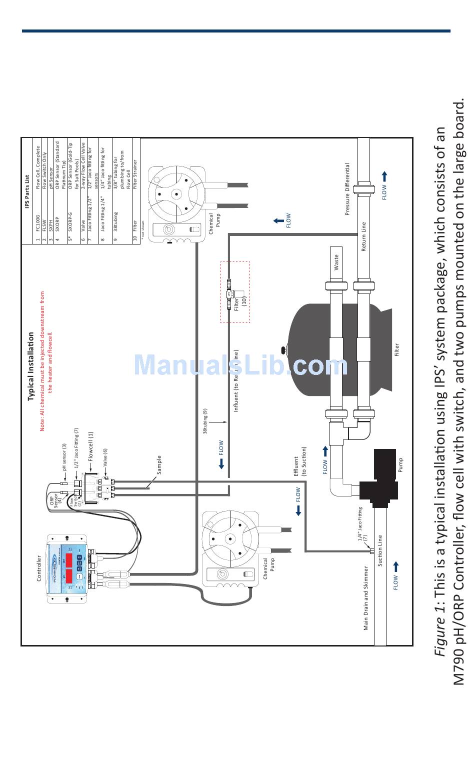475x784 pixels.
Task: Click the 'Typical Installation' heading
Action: [x=31, y=366]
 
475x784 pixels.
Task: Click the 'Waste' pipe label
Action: [x=336, y=262]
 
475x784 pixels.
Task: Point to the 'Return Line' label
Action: [x=363, y=237]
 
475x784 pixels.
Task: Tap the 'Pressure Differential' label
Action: [x=347, y=189]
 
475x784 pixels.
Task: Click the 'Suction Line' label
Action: [x=380, y=550]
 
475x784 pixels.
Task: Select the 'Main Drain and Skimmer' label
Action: [x=366, y=598]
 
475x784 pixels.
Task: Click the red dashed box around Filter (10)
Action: [x=235, y=292]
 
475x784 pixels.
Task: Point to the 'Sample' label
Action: [x=159, y=465]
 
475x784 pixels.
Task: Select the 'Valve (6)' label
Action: [x=105, y=457]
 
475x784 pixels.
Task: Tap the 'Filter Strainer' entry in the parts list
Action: [x=134, y=174]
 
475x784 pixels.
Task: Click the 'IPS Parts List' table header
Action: [x=27, y=192]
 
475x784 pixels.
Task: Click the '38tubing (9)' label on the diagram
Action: [x=205, y=421]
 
